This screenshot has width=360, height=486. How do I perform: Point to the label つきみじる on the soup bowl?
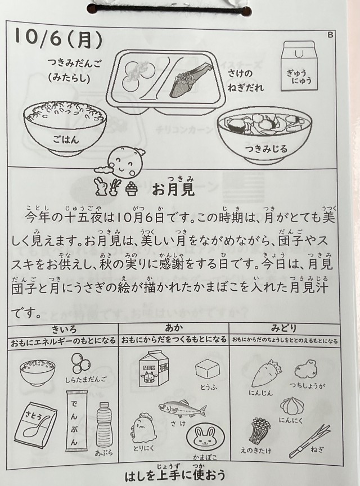tap(267, 148)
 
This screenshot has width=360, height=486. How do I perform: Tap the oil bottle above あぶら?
tap(103, 425)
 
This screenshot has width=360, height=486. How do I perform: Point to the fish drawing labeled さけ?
tap(182, 409)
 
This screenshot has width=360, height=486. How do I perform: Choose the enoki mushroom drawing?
tap(259, 430)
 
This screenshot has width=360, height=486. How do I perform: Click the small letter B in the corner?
tap(330, 35)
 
